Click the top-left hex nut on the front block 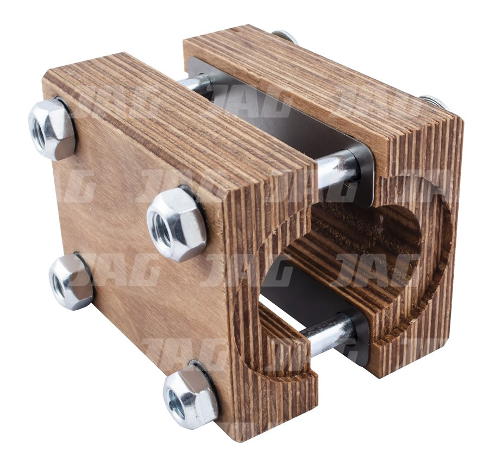click(52, 129)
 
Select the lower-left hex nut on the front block click(71, 281)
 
